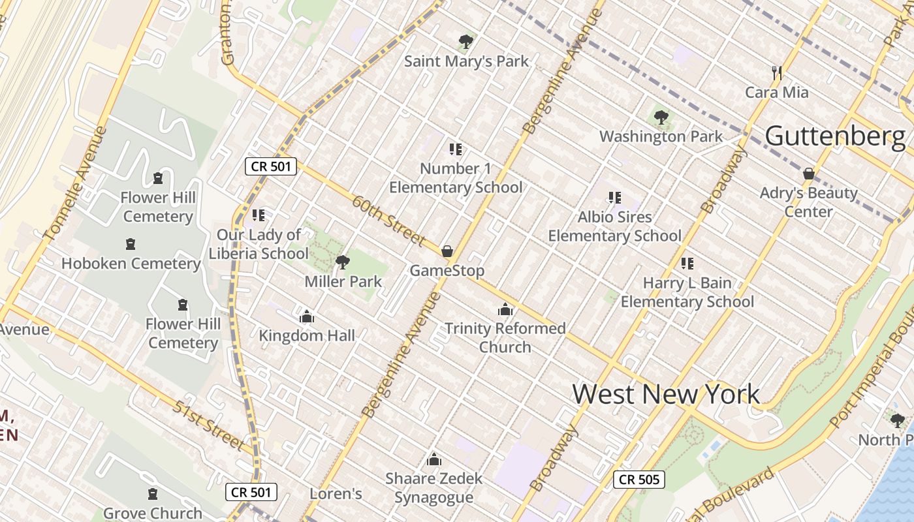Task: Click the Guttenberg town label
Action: (835, 136)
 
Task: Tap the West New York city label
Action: (666, 394)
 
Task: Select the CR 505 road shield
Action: (639, 480)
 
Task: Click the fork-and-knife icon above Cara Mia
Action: (777, 72)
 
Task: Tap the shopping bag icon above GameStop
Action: (447, 251)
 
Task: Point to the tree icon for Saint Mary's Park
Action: (465, 42)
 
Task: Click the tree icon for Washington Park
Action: (661, 118)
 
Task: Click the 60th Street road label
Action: (388, 221)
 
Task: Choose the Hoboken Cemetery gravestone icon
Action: (131, 245)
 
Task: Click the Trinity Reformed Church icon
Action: (505, 309)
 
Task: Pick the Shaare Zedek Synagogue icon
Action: (434, 459)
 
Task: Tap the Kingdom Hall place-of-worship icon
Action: (307, 317)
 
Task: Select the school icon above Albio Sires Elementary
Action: (614, 197)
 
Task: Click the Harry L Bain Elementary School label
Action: (687, 292)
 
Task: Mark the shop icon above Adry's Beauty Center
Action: (808, 174)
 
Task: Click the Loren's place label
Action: (336, 493)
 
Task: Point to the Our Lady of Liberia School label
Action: (259, 244)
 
